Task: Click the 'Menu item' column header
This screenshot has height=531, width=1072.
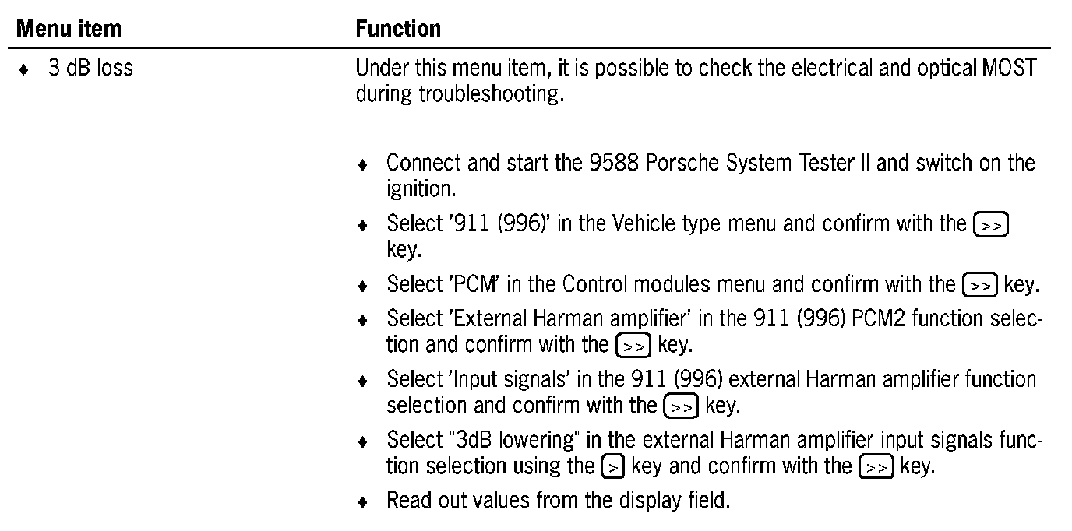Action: [x=69, y=30]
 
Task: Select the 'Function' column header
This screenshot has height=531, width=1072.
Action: [x=398, y=30]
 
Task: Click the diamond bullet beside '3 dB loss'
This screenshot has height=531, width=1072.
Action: [x=26, y=70]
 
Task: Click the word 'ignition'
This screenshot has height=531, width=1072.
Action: [x=420, y=189]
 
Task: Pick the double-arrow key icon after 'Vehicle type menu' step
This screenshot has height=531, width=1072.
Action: [x=991, y=226]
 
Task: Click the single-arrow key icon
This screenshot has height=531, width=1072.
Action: [x=613, y=467]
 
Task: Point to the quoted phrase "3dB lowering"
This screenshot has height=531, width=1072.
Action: [x=514, y=440]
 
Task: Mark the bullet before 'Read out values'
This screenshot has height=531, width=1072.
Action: [x=362, y=501]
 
